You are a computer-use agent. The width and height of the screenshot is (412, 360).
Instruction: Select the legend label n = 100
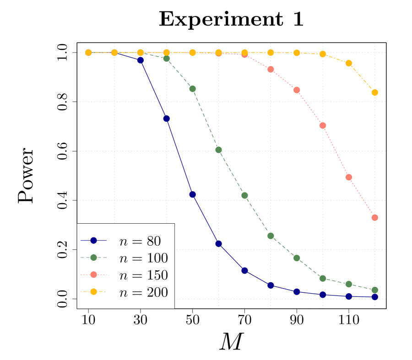coord(143,258)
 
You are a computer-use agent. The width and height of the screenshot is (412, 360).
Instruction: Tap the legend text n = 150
coord(143,275)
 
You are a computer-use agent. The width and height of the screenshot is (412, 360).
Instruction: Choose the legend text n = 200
coord(143,292)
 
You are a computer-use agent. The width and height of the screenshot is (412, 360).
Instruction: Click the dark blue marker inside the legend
coord(93,240)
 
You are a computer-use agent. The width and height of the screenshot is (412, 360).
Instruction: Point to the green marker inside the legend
coord(93,258)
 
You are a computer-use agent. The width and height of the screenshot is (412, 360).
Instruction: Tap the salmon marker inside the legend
coord(93,274)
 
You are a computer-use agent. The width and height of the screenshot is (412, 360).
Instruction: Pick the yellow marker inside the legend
coord(93,292)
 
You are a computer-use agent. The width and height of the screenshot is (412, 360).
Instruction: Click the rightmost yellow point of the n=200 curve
coord(374,92)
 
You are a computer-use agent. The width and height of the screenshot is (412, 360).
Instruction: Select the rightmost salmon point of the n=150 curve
coord(374,217)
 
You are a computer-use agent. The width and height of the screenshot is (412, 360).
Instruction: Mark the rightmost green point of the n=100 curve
coord(374,290)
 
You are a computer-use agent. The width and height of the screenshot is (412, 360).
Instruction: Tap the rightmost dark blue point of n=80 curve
coord(374,297)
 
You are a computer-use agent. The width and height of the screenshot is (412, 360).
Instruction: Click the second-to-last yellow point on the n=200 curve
coord(348,63)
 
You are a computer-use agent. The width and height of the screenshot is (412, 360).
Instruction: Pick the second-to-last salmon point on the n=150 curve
coord(348,177)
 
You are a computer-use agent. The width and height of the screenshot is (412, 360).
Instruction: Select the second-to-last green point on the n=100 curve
coord(348,284)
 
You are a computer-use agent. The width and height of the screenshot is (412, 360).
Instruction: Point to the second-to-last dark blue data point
coord(348,296)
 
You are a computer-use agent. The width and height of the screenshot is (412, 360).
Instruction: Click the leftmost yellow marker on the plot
coord(88,53)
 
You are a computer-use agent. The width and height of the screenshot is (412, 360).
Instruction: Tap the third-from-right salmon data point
coord(322,125)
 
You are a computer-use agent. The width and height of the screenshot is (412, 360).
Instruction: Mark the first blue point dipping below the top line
coord(141,60)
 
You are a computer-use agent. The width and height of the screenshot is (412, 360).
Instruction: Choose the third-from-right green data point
coord(322,278)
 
